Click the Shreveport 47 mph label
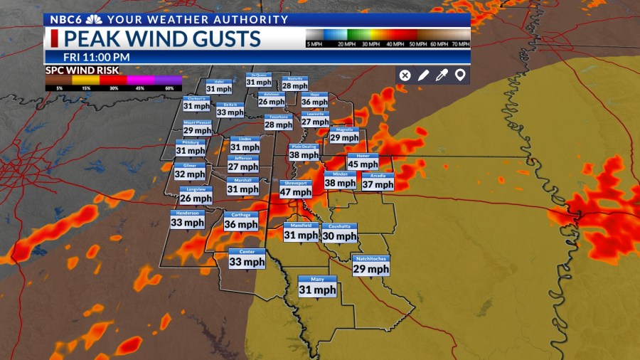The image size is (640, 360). click(295, 189)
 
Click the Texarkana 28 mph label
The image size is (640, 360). click(278, 122)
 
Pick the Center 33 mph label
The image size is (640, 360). click(247, 258)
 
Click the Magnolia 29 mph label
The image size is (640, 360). click(344, 134)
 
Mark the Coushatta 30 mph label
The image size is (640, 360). click(339, 233)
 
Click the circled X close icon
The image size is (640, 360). click(405, 75)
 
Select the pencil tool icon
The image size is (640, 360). click(423, 75)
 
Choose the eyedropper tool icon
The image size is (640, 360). click(442, 75)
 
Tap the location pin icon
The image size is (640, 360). click(460, 75)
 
